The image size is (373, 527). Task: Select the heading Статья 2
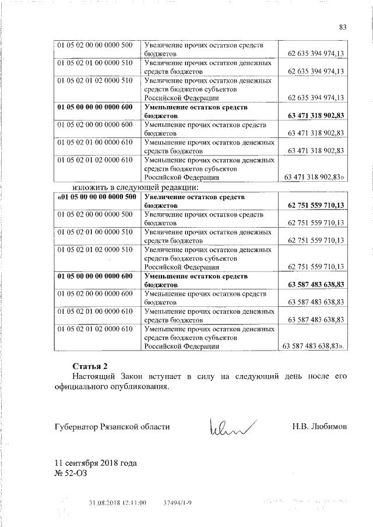coord(90,366)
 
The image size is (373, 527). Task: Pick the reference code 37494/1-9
coord(178,502)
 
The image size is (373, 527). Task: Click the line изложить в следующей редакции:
coord(136,187)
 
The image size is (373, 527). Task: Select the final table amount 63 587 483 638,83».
coord(314,346)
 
